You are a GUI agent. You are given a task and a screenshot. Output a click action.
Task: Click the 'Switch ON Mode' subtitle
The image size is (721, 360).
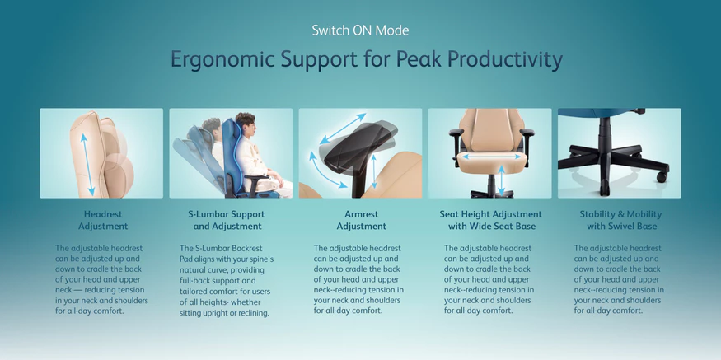coord(360,30)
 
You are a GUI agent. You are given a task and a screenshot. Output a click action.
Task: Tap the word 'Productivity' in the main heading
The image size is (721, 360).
coord(504,60)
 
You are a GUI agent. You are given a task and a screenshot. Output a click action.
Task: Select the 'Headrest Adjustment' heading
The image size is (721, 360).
coord(103,220)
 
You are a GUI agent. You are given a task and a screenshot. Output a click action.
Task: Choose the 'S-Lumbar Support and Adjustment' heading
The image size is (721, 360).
coord(227,220)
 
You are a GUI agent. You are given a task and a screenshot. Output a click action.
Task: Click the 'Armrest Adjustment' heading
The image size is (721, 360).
coord(362,220)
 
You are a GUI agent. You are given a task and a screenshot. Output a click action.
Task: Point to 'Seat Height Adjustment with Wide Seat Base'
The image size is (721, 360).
coord(490,220)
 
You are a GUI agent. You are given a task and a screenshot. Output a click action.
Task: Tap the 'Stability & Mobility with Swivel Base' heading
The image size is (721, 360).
coord(620,220)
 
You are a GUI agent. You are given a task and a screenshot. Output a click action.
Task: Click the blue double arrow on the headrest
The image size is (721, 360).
coord(87,164)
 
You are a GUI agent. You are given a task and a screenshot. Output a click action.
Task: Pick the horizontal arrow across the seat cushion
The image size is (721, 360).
coord(491,157)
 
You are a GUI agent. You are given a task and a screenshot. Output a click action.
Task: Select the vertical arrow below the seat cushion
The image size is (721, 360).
coord(501,180)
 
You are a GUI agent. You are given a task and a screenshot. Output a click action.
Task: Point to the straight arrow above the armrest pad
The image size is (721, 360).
coord(343,129)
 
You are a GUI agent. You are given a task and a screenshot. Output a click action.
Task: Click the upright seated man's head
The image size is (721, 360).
coord(246,123)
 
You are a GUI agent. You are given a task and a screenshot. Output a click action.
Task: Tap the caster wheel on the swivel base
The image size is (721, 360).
coord(662,176)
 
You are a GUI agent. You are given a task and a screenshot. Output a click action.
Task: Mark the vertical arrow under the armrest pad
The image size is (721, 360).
coord(374,171)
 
